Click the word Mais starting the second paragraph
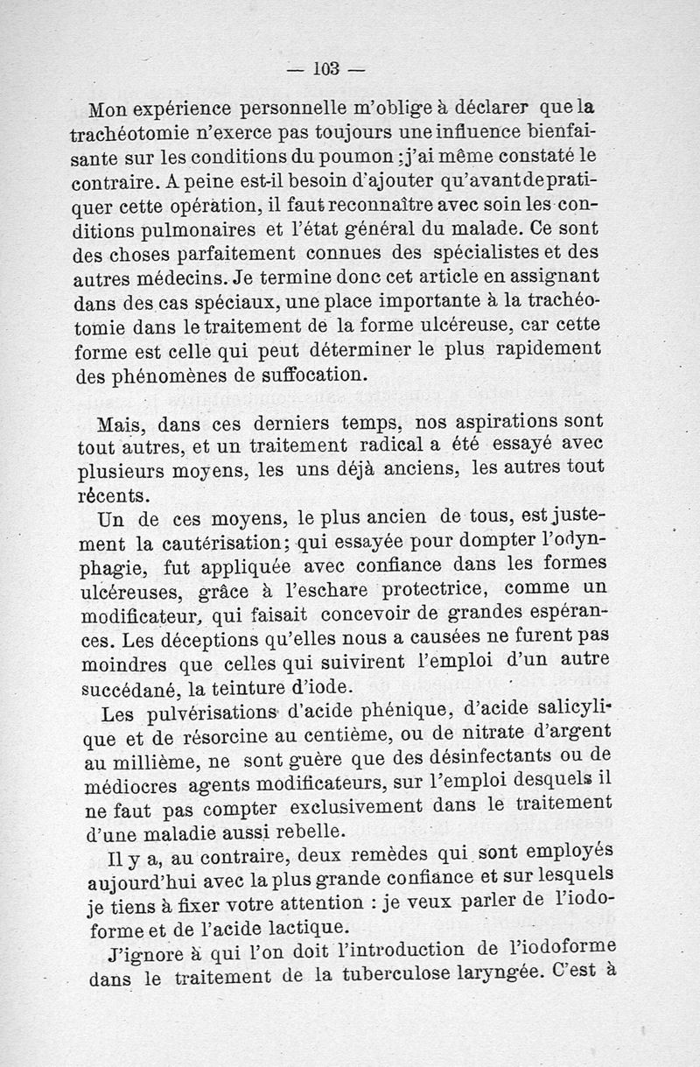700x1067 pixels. click(119, 426)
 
